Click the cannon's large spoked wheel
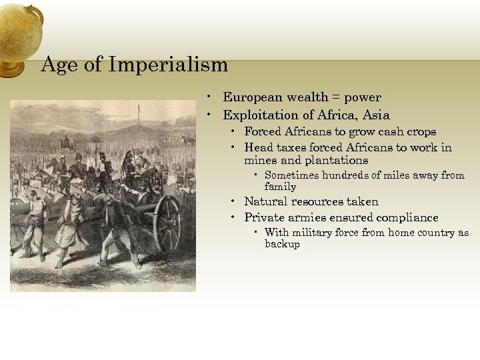167,223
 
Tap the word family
280,187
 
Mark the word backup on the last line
282,244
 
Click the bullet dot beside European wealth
209,97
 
